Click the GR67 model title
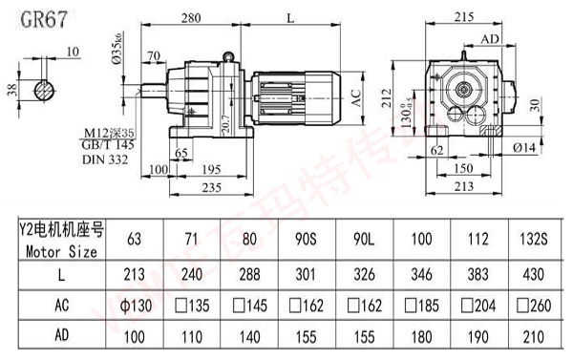(35, 18)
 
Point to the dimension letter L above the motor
(287, 16)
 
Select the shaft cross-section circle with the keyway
(45, 92)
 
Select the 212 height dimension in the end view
(385, 96)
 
